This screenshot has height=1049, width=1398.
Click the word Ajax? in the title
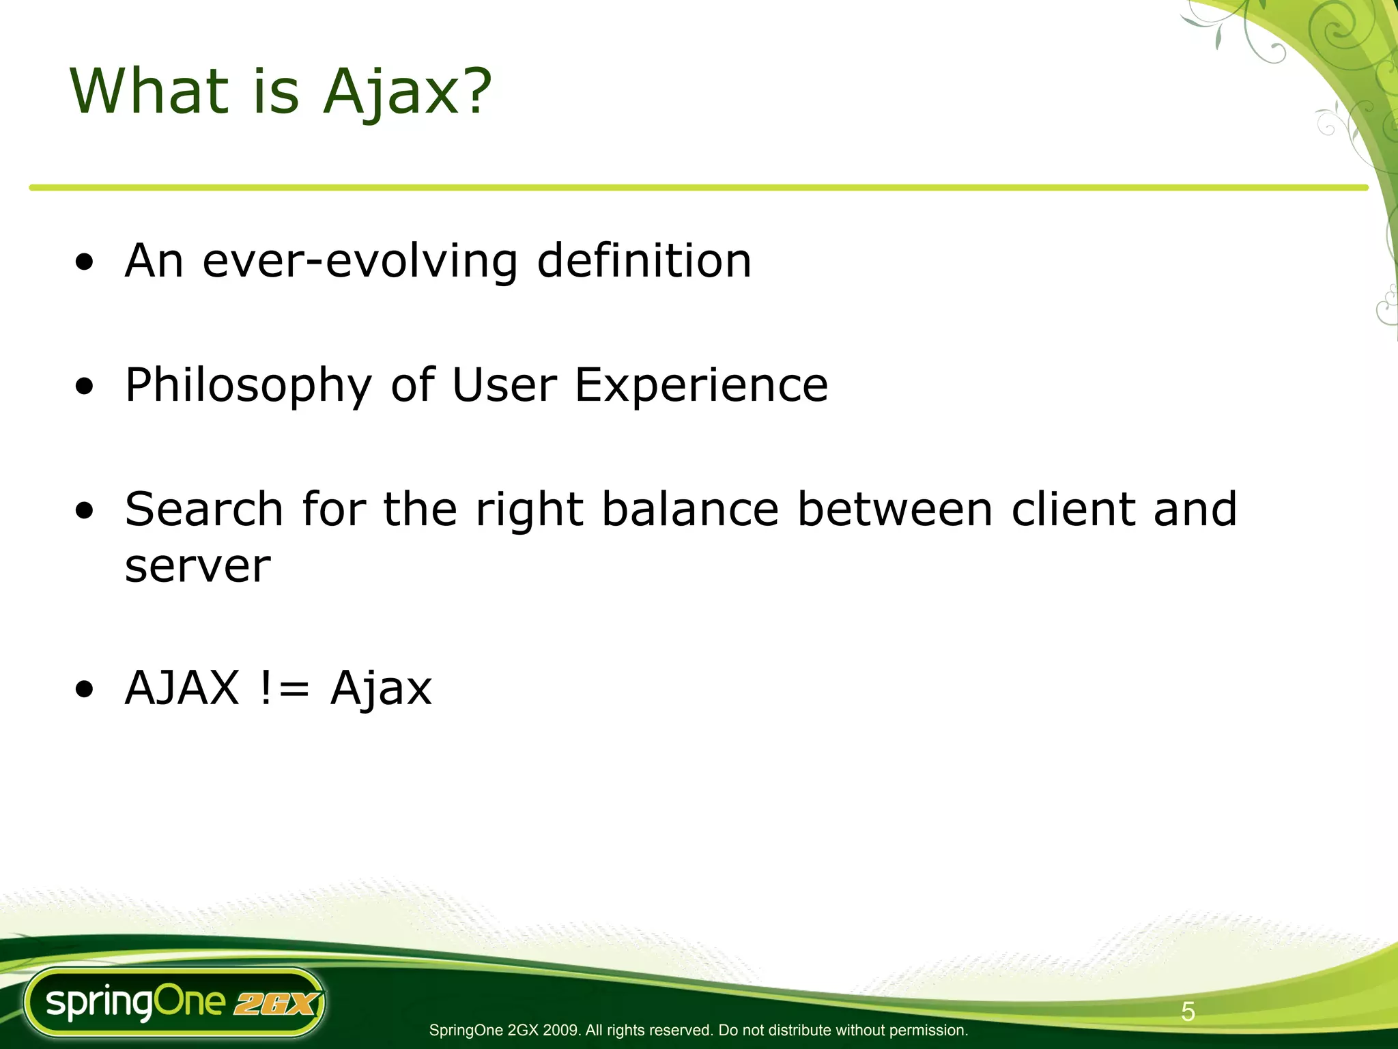407,92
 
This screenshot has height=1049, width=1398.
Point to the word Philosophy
248,386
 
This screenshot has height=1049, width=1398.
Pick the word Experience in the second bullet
701,386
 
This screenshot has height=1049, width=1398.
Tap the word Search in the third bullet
204,509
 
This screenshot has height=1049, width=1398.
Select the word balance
690,509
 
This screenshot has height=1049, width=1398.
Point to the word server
198,567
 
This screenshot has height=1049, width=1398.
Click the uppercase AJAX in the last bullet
182,688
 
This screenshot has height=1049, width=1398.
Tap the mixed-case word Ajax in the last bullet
381,689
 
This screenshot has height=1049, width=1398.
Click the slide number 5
1188,1011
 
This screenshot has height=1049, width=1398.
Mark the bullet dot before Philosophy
85,387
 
